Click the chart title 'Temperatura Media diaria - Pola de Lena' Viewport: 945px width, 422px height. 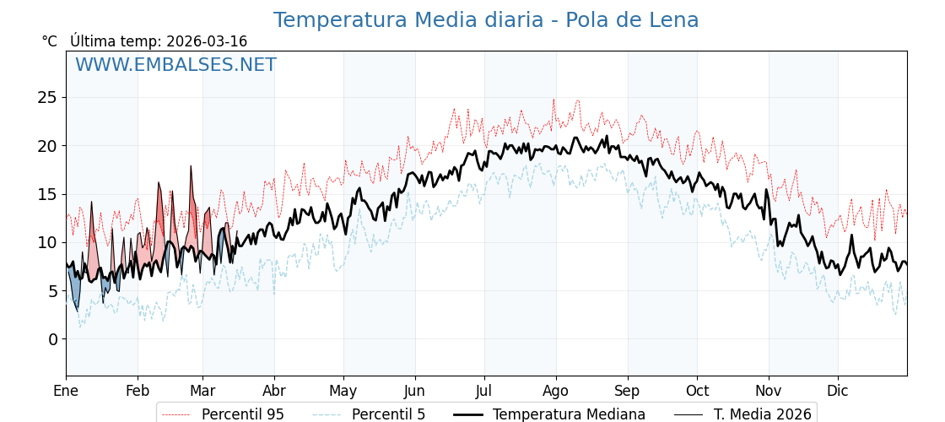(x=485, y=20)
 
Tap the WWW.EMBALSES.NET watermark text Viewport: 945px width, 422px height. (x=175, y=65)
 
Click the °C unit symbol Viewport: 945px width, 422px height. (x=49, y=41)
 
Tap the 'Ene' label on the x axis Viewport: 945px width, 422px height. (x=66, y=391)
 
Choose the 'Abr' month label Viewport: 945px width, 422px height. (x=274, y=391)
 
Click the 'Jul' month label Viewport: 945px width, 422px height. (x=484, y=391)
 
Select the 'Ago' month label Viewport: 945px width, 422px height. (x=556, y=391)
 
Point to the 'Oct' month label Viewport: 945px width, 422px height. (x=697, y=391)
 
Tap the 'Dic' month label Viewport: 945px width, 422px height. (x=838, y=391)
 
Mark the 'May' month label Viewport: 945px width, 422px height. (x=343, y=391)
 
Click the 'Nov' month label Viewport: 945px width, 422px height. (x=769, y=391)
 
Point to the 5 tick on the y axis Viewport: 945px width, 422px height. (x=52, y=291)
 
